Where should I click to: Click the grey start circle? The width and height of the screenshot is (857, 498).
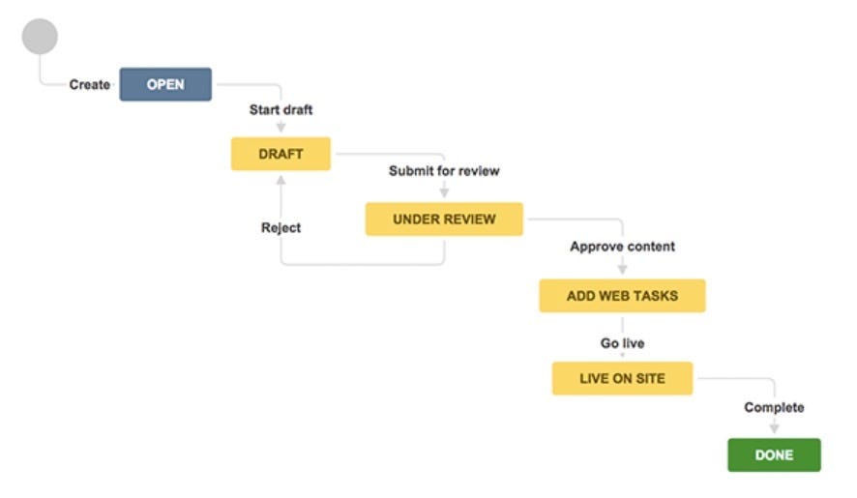coord(40,36)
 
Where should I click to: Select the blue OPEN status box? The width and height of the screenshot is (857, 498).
coord(165,84)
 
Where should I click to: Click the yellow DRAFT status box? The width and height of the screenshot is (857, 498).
coord(281,154)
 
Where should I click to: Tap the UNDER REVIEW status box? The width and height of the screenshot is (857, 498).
coord(444,220)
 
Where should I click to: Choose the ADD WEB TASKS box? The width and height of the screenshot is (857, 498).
coord(622,296)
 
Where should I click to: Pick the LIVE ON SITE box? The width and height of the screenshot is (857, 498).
coord(622,378)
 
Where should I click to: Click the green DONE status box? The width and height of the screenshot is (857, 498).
coord(774,454)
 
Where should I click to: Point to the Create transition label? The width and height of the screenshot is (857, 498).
coord(89,85)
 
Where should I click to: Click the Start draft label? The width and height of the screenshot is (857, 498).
coord(281,110)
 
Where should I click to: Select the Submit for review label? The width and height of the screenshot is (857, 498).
coord(444,171)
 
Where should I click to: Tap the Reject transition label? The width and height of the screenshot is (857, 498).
coord(281,228)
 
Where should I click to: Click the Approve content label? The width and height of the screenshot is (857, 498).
coord(622,247)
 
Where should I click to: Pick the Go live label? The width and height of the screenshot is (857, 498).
coord(622,343)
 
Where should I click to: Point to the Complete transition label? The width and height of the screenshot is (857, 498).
coord(774,407)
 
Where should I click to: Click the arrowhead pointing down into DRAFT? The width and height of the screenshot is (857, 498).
coord(281,128)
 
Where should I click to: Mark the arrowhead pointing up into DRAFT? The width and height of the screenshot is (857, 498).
coord(281,180)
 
